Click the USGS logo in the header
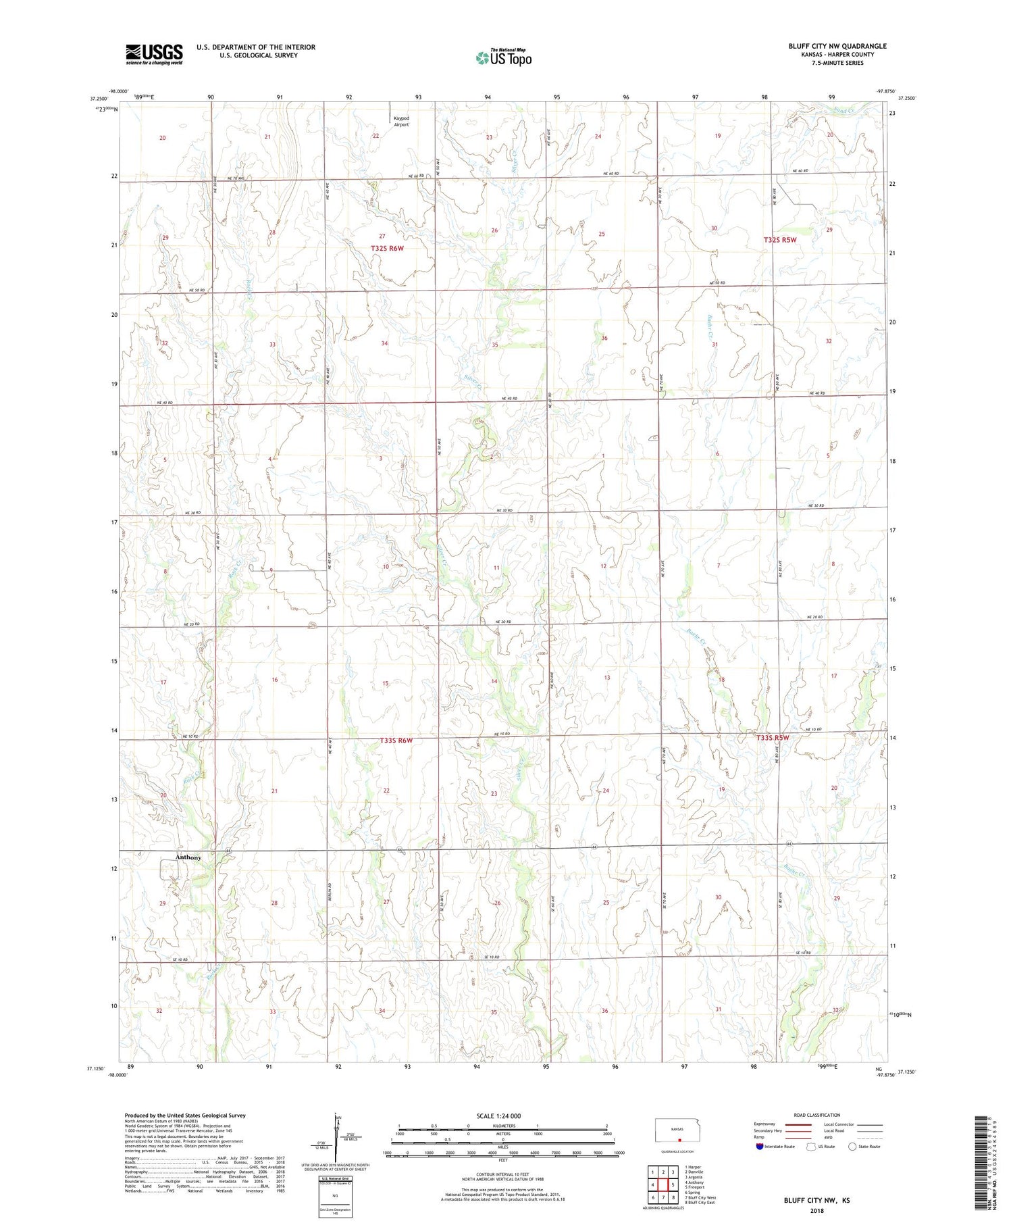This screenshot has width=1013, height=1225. click(x=154, y=54)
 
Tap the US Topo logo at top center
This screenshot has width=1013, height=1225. click(x=503, y=58)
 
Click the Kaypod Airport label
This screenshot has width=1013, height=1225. click(x=401, y=122)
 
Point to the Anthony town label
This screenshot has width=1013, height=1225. click(x=188, y=857)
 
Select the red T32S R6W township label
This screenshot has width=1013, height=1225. click(x=387, y=249)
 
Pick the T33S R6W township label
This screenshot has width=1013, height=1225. click(x=396, y=741)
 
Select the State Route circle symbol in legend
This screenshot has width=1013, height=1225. click(x=852, y=1146)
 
